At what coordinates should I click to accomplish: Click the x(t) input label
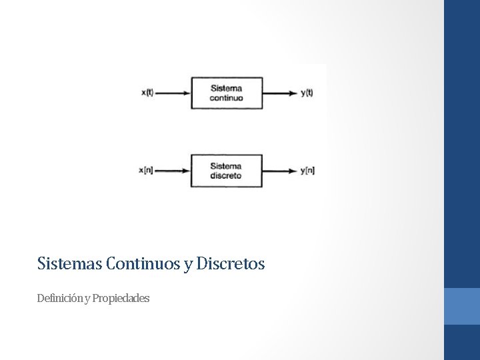point(147,93)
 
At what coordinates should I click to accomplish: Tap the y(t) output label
point(307,93)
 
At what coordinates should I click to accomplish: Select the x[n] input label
point(147,171)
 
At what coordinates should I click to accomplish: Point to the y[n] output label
point(307,171)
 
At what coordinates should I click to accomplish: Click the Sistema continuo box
point(227,93)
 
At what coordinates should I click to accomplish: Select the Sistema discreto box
point(227,171)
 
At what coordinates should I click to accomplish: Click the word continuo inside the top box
point(227,98)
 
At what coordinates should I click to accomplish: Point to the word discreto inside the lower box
point(226,176)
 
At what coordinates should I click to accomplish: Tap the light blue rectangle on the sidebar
point(462,306)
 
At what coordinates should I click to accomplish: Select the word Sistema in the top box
point(227,88)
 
